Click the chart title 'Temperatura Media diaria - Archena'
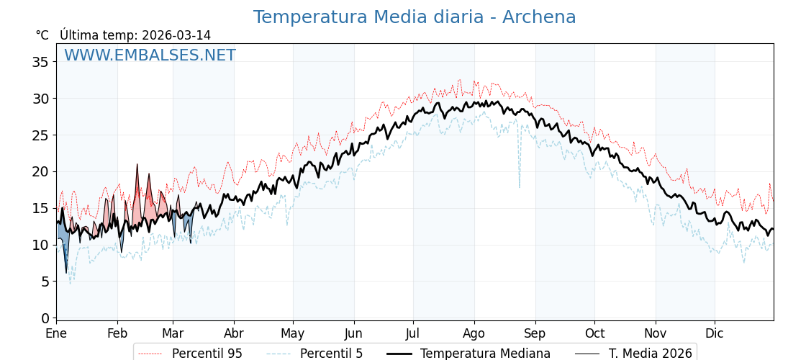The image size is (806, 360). (x=414, y=17)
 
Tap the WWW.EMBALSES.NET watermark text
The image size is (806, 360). (x=150, y=55)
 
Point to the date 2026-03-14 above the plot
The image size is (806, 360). (x=176, y=35)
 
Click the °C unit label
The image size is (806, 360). (x=42, y=35)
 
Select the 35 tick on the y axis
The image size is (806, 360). (x=40, y=62)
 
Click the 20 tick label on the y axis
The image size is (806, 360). (x=40, y=171)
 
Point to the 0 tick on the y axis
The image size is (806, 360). (x=45, y=318)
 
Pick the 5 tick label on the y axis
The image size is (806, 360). (x=45, y=282)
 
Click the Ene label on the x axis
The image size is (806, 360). (x=56, y=333)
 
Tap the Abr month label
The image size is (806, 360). (x=234, y=333)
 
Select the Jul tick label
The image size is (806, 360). (x=413, y=333)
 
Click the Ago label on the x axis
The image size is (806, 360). (x=474, y=333)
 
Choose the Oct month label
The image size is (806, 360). (x=594, y=333)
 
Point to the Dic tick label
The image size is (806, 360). (x=715, y=333)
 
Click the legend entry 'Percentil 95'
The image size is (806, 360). (x=207, y=354)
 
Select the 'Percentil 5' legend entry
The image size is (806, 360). (x=331, y=354)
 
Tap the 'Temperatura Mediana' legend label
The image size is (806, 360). (x=485, y=354)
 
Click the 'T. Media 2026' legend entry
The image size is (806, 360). (x=650, y=354)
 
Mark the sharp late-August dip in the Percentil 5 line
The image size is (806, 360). (x=520, y=186)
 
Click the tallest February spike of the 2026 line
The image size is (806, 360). (x=137, y=165)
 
